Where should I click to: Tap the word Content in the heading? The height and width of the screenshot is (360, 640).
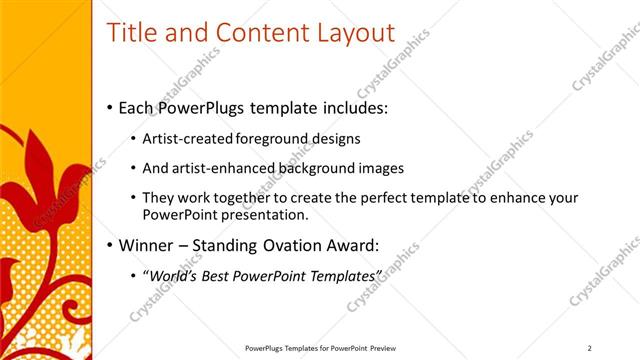[x=251, y=33]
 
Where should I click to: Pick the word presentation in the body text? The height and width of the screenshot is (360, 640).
[x=260, y=214]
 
